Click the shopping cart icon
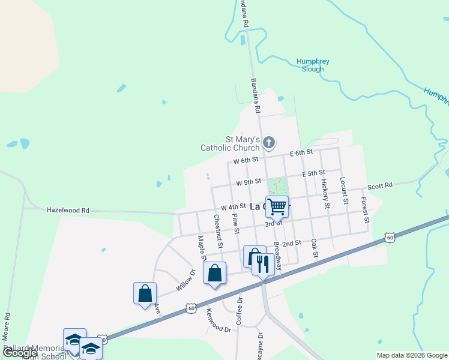click(x=277, y=206)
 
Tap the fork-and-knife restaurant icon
click(x=262, y=263)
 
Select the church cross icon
click(x=269, y=143)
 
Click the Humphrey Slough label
click(x=312, y=65)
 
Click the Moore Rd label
click(x=7, y=325)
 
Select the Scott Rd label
click(x=380, y=186)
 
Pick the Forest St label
click(x=365, y=211)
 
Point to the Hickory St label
click(x=325, y=193)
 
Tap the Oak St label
click(x=313, y=248)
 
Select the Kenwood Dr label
click(x=218, y=320)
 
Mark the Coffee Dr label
click(x=238, y=311)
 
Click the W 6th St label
click(x=246, y=160)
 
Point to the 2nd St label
click(x=291, y=243)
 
